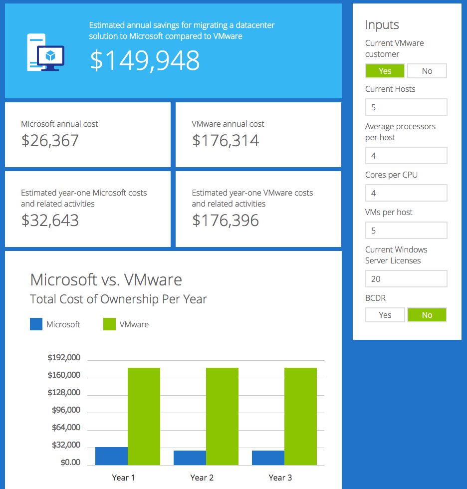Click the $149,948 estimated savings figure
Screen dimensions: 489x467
tap(145, 60)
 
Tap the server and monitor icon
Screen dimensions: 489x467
tap(45, 52)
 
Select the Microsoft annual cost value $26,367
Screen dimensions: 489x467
tap(50, 140)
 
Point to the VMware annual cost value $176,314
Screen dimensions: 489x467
tap(226, 140)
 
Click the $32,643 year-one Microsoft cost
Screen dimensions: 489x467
tap(50, 220)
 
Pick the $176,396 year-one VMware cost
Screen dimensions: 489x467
tap(226, 220)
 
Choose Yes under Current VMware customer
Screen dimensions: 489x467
tap(385, 71)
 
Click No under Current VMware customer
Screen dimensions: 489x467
tap(427, 71)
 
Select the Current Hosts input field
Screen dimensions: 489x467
tap(406, 107)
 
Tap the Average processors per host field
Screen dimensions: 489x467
tap(406, 156)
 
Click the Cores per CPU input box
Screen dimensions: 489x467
tap(406, 193)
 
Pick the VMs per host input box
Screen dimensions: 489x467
tap(406, 231)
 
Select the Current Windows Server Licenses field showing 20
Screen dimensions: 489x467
tap(406, 279)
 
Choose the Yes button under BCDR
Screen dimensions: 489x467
tap(385, 315)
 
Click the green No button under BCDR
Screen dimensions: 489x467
tap(427, 315)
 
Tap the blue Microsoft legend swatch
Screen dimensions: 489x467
tap(36, 324)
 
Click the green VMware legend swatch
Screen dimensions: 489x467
tap(109, 324)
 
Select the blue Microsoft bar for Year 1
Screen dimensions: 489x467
tap(111, 456)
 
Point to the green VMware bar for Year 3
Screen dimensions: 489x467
tap(300, 416)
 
